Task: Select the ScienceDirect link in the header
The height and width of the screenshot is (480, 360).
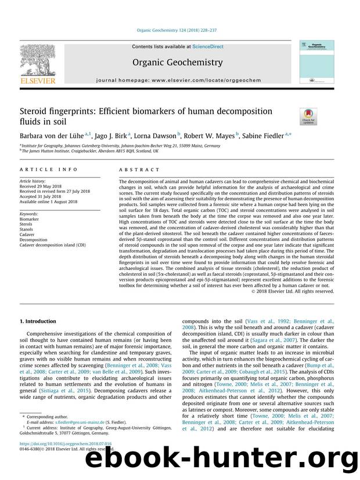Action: [199, 46]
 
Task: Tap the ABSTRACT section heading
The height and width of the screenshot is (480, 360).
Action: [139, 169]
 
